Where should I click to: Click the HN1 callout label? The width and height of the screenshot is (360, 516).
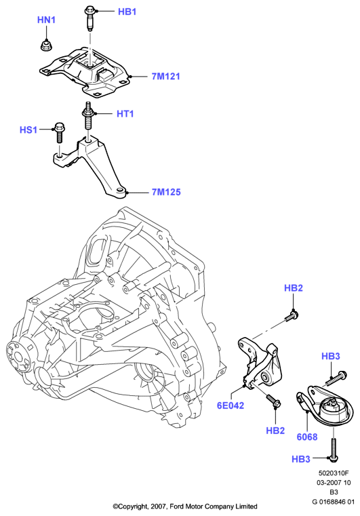coord(46,20)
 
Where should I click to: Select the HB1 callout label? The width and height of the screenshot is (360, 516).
coord(127,12)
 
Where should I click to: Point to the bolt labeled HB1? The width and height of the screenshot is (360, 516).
coord(90,18)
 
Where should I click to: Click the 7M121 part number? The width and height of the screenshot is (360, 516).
coord(166,77)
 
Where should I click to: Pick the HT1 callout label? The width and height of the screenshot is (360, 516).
coord(125,114)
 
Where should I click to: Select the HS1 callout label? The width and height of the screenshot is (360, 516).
coord(28,130)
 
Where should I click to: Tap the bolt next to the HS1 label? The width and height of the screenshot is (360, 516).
coord(59,133)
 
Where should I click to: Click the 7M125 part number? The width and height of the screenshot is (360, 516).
coord(166,192)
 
